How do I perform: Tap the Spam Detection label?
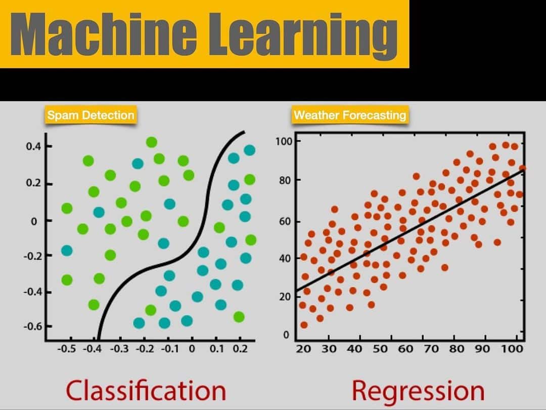tap(91, 115)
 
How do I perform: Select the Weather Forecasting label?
tap(350, 115)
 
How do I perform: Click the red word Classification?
tap(146, 390)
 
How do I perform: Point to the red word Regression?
tap(418, 391)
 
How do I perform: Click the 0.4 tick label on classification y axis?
tap(33, 146)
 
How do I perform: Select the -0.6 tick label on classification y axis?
tap(33, 326)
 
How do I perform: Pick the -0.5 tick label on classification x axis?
tap(67, 349)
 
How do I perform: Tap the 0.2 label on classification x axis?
tap(240, 349)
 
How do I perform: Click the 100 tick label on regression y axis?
tap(284, 141)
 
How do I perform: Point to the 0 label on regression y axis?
tap(286, 335)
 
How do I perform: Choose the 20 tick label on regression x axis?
tap(303, 349)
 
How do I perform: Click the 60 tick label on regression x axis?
tap(405, 349)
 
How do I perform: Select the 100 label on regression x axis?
tap(512, 349)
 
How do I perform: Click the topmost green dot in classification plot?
tap(152, 142)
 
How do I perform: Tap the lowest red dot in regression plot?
tap(304, 325)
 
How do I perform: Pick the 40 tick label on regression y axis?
tap(285, 258)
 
